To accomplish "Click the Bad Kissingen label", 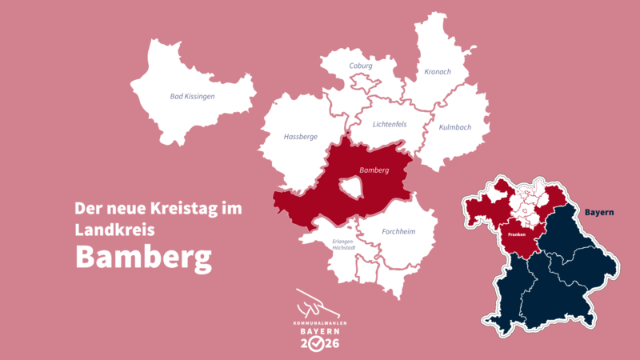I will tap(193, 97).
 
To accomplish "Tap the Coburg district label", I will tap(361, 66).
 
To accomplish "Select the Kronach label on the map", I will tap(438, 71).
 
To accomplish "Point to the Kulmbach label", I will tap(454, 127).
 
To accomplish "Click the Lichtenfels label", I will tap(390, 124).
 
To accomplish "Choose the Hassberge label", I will tap(301, 137).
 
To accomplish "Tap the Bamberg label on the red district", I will tap(374, 170).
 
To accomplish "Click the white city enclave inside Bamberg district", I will tap(351, 188).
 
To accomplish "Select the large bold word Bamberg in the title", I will tap(143, 258).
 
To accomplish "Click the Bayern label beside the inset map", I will tap(598, 212).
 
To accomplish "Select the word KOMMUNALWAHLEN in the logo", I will tap(320, 322).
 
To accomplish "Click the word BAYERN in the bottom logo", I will tap(320, 330).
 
